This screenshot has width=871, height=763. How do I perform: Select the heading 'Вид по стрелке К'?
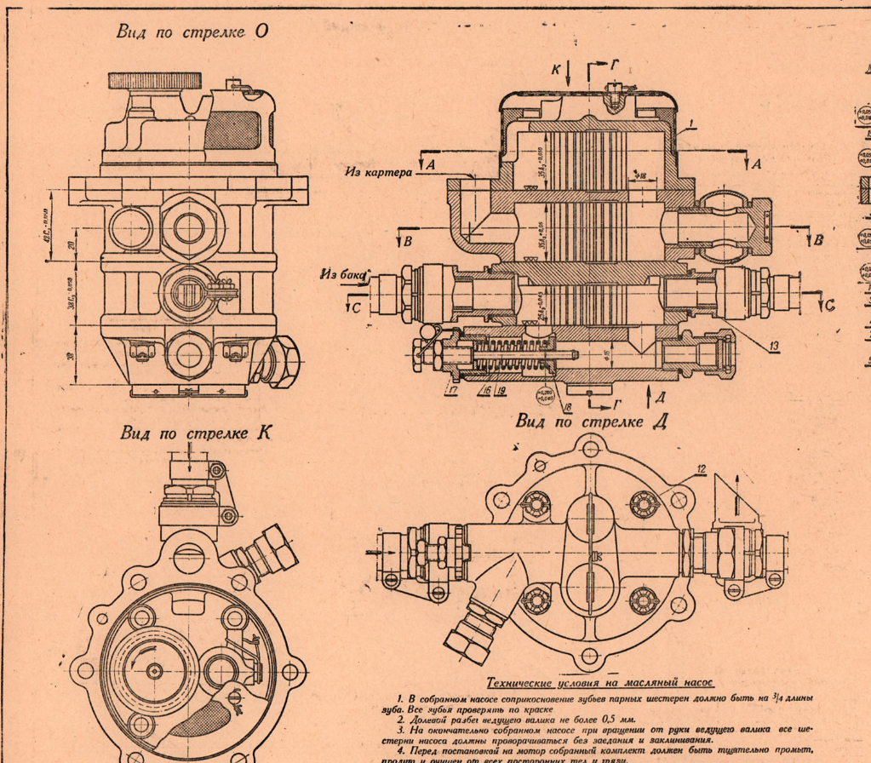pos(196,433)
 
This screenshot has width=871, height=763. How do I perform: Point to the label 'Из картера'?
pos(378,171)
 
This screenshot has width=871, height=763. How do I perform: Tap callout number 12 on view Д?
pos(701,468)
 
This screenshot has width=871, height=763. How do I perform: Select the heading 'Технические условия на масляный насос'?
pos(600,683)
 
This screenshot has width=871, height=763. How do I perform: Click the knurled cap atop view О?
pos(155,82)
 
